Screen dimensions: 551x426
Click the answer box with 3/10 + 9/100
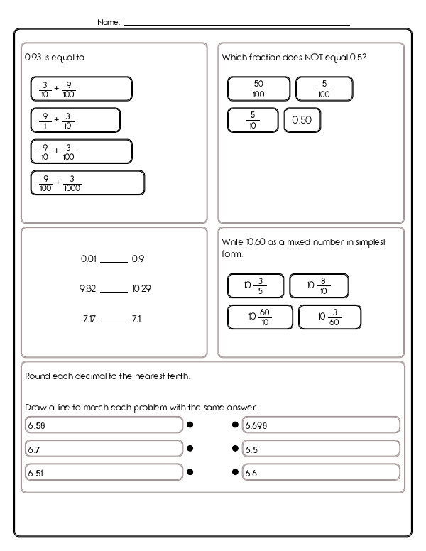[x=81, y=89]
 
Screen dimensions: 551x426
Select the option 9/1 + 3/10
[x=75, y=120]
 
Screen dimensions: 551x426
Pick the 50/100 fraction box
[x=258, y=89]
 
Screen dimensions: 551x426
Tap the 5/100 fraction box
[x=324, y=89]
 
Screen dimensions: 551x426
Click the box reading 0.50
[x=302, y=120]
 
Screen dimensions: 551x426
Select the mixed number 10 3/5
[x=256, y=285]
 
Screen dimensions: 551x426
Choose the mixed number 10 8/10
[x=319, y=285]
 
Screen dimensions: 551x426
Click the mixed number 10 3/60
[x=329, y=317]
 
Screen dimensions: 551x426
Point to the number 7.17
[x=89, y=319]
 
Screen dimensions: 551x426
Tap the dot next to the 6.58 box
[x=190, y=425]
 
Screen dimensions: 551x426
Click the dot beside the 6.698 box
[x=235, y=425]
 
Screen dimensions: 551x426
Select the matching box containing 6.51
[x=103, y=471]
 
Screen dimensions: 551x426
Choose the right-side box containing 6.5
[x=320, y=449]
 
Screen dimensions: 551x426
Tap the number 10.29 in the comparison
[x=141, y=289]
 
